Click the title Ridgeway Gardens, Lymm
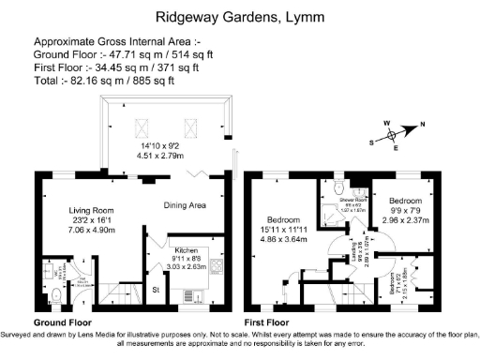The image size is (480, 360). (x=239, y=16)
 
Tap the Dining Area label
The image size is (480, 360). (x=185, y=205)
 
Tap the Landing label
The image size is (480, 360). (x=353, y=253)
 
